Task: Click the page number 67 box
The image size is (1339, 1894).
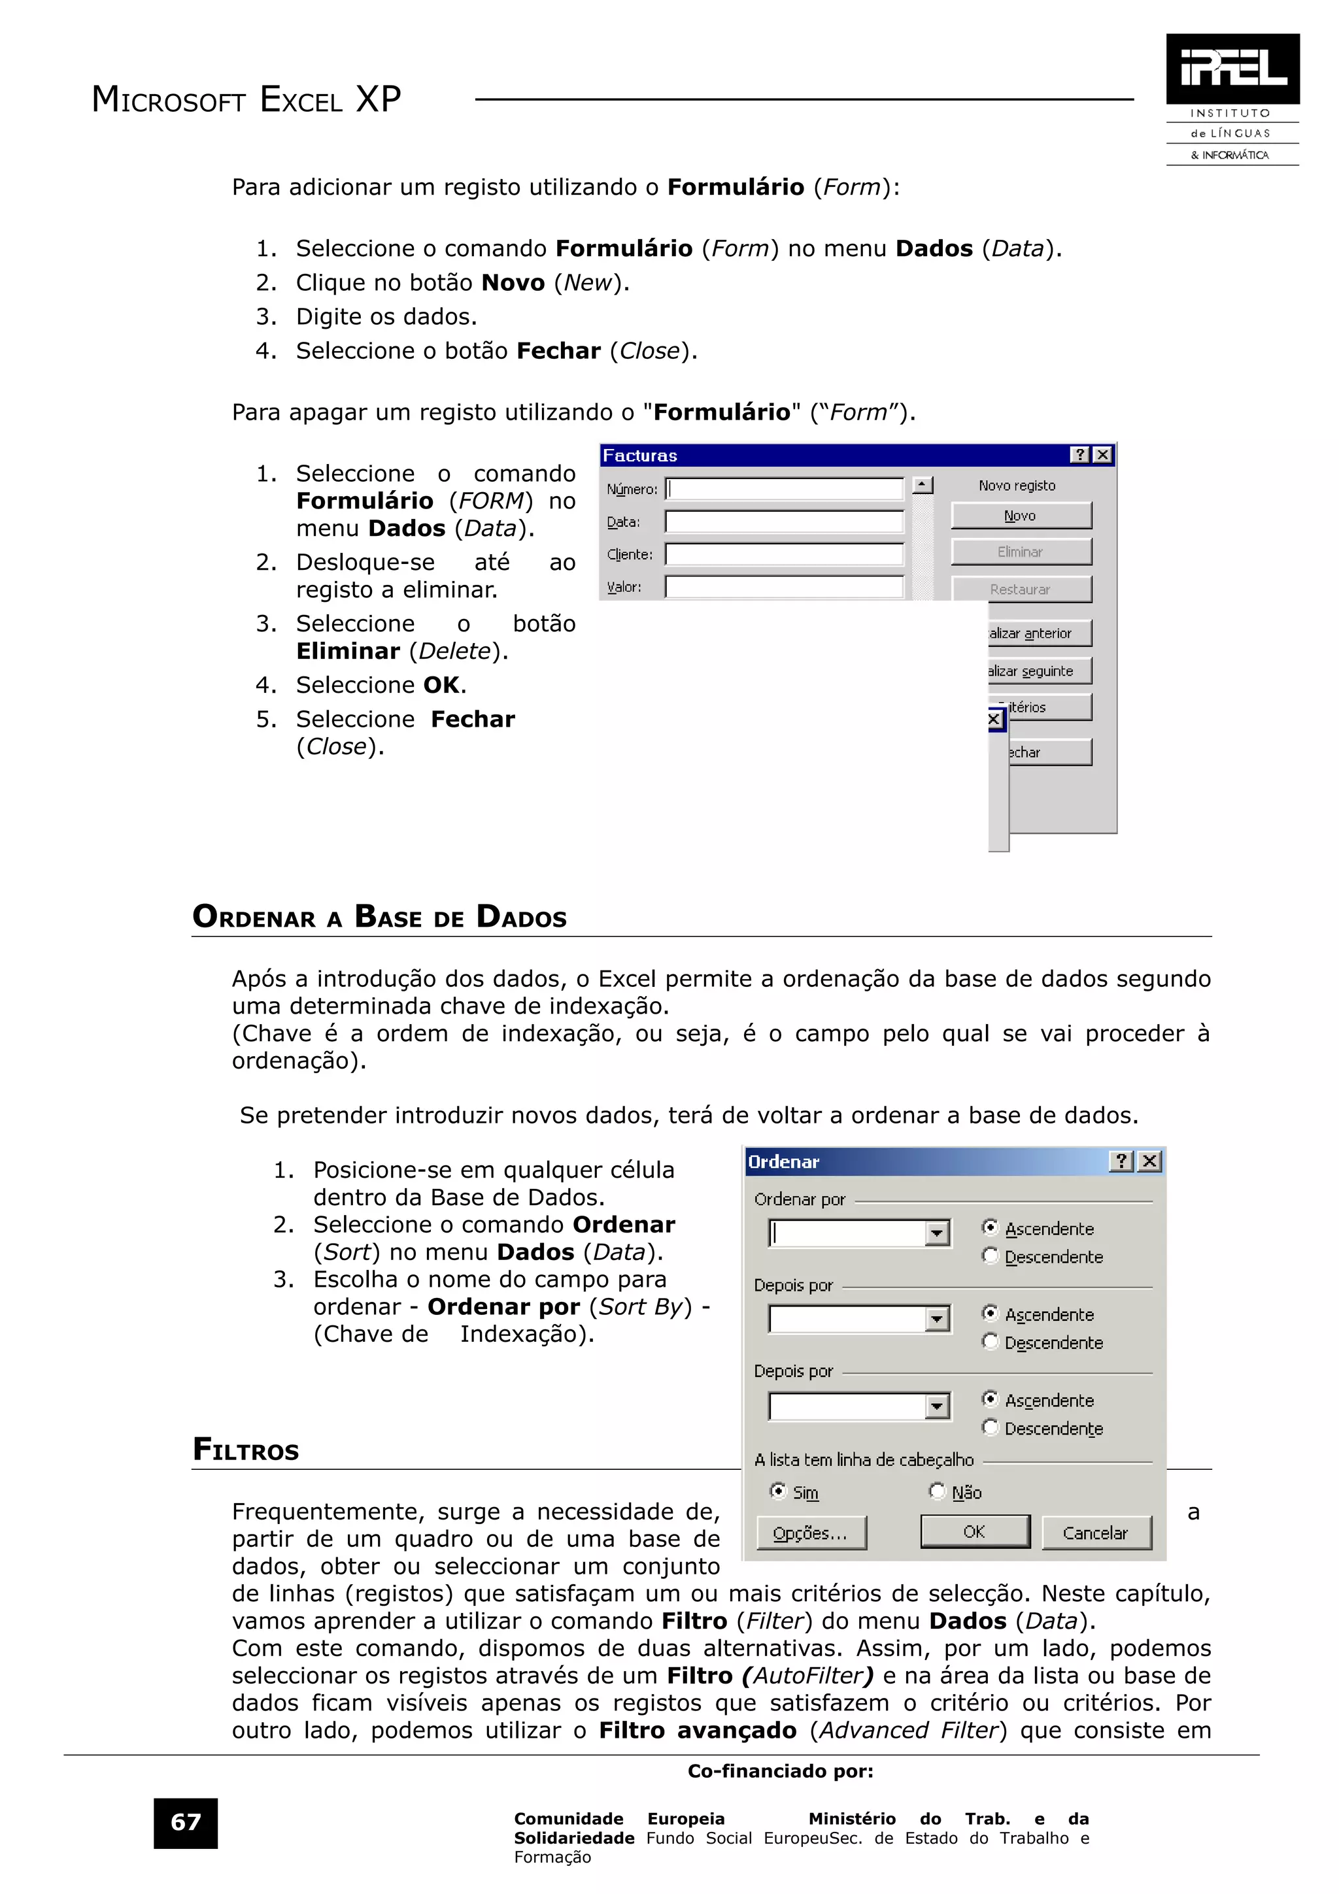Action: (186, 1822)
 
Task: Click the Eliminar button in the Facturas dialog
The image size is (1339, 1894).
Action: (1021, 552)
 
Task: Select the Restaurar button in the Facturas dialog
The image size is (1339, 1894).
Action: (1021, 589)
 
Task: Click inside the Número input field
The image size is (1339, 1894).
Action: (784, 489)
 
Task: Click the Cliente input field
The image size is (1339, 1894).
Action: (784, 554)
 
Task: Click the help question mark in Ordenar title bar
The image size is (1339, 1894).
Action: (1121, 1161)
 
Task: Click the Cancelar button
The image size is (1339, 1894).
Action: (1096, 1533)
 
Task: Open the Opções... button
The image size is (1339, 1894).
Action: (811, 1533)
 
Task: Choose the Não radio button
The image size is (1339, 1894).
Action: (937, 1491)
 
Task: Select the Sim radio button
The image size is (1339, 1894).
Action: (778, 1491)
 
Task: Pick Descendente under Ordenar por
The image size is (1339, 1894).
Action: (991, 1255)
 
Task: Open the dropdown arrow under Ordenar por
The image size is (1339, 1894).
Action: (936, 1233)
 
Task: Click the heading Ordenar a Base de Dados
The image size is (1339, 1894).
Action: (379, 916)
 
